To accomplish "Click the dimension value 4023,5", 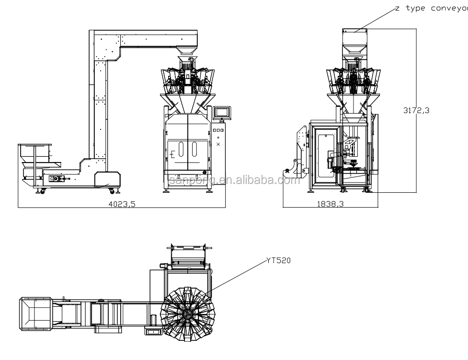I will click(x=122, y=204).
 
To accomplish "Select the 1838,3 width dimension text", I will click(x=331, y=204).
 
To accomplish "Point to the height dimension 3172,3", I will click(x=416, y=110).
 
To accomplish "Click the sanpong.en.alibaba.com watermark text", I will click(x=234, y=181).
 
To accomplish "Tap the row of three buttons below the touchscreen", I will click(x=218, y=130).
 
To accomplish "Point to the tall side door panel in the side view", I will click(x=325, y=153).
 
